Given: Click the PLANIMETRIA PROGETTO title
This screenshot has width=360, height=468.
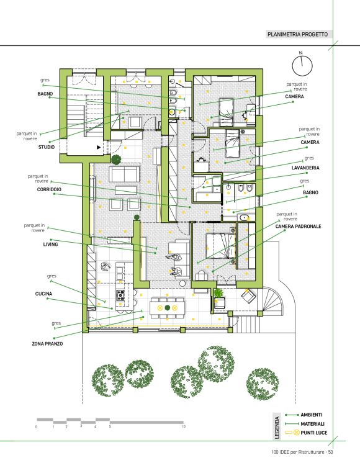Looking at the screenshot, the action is [297, 34].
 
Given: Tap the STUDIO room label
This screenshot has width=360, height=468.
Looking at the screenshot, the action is [47, 147].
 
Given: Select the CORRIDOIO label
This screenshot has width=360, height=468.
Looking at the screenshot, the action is [49, 189].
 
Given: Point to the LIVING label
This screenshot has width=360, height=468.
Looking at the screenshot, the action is [50, 245].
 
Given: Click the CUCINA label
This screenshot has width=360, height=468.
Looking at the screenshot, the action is [43, 294].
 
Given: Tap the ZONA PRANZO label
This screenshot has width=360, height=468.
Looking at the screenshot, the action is [47, 344].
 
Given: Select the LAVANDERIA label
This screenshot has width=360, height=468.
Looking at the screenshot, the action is [305, 168].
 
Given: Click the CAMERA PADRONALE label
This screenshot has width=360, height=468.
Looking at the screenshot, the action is [298, 227].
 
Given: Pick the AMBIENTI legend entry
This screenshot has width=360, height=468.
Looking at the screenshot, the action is [312, 415].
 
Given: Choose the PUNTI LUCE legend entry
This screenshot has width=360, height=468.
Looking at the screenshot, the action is [314, 433].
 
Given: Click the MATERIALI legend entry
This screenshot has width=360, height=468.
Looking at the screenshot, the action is [313, 424].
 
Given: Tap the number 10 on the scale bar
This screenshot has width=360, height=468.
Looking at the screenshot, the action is [184, 426].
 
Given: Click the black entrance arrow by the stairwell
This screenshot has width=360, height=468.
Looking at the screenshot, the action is [99, 147].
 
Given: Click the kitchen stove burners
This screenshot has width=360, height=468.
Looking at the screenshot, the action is [120, 295].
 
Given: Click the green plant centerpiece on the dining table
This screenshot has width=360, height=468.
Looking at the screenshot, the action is [168, 308].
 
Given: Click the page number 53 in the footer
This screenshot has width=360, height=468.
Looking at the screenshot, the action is [330, 452].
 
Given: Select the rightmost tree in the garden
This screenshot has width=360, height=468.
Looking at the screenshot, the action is [263, 384].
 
